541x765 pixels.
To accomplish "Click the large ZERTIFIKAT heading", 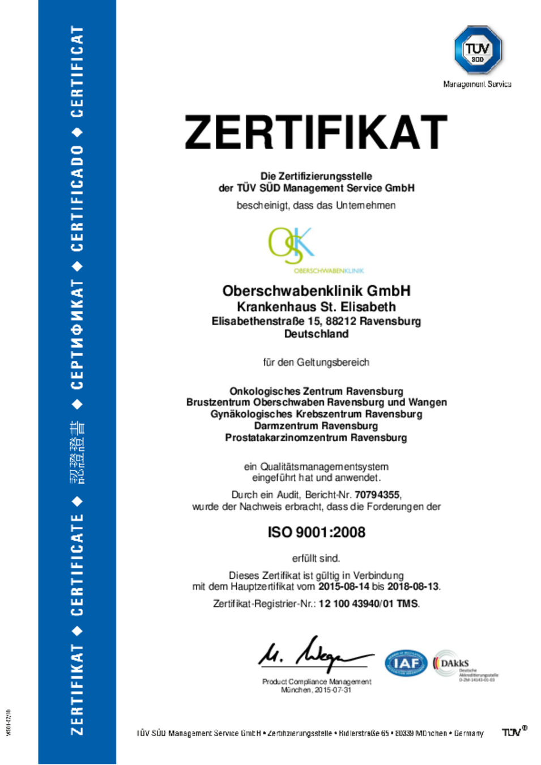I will click(316, 133).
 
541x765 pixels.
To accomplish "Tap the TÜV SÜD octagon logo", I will click(478, 50).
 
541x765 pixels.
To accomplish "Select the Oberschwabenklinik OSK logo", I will click(291, 246).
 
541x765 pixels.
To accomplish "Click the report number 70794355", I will click(377, 495).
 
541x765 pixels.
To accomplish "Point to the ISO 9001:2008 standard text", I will click(316, 532).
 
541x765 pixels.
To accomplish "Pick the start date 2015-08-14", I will click(344, 587).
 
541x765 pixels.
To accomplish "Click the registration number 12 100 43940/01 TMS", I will click(368, 604).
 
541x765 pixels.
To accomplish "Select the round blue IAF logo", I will click(406, 663).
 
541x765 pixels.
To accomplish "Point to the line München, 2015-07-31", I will click(316, 690).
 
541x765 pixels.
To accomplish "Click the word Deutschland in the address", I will click(316, 334).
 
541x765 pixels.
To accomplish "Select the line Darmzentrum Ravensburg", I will click(316, 426).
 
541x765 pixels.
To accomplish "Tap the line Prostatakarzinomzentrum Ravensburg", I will click(316, 438).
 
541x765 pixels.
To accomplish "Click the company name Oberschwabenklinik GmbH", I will click(316, 291).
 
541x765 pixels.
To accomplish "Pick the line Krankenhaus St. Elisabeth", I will click(316, 307).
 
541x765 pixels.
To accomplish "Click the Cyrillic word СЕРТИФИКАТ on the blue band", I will click(77, 334).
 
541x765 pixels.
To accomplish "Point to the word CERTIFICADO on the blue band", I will click(77, 198).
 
